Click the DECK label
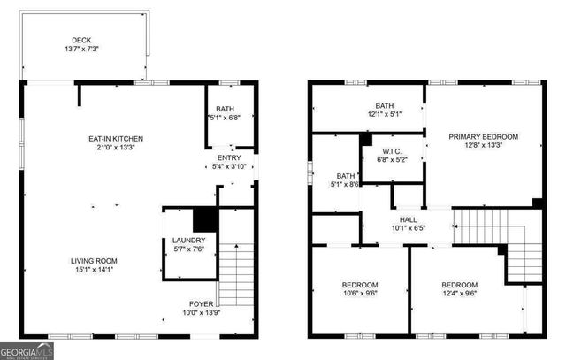pos(81,40)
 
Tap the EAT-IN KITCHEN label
pos(115,139)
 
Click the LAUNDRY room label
pos(189,240)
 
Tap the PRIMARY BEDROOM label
pos(483,136)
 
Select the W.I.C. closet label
pos(393,150)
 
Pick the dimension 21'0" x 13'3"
pos(115,149)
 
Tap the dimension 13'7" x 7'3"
pos(81,50)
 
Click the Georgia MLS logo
pos(27,352)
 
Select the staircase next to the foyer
pos(236,274)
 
